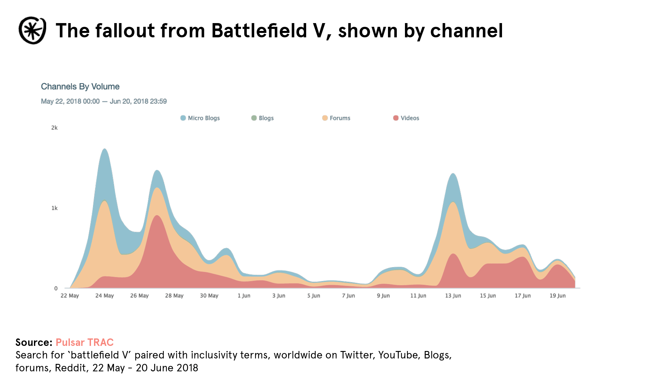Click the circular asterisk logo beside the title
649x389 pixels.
32,31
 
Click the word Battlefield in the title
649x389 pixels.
259,31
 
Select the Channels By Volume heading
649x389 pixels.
80,87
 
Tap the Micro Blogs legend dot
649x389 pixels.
183,118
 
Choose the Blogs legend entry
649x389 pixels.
262,118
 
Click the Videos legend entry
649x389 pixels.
406,118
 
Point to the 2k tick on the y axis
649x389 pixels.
54,128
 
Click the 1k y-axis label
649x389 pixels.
54,208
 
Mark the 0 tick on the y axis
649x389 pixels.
56,289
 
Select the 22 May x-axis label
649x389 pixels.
70,296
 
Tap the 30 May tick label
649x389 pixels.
209,296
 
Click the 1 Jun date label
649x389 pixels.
244,296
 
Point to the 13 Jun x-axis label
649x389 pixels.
453,296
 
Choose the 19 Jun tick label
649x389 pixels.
558,296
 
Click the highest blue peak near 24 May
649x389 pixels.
105,149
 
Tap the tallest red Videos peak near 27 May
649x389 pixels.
156,216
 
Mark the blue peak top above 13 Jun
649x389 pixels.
453,174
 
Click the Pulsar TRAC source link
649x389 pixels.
85,342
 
